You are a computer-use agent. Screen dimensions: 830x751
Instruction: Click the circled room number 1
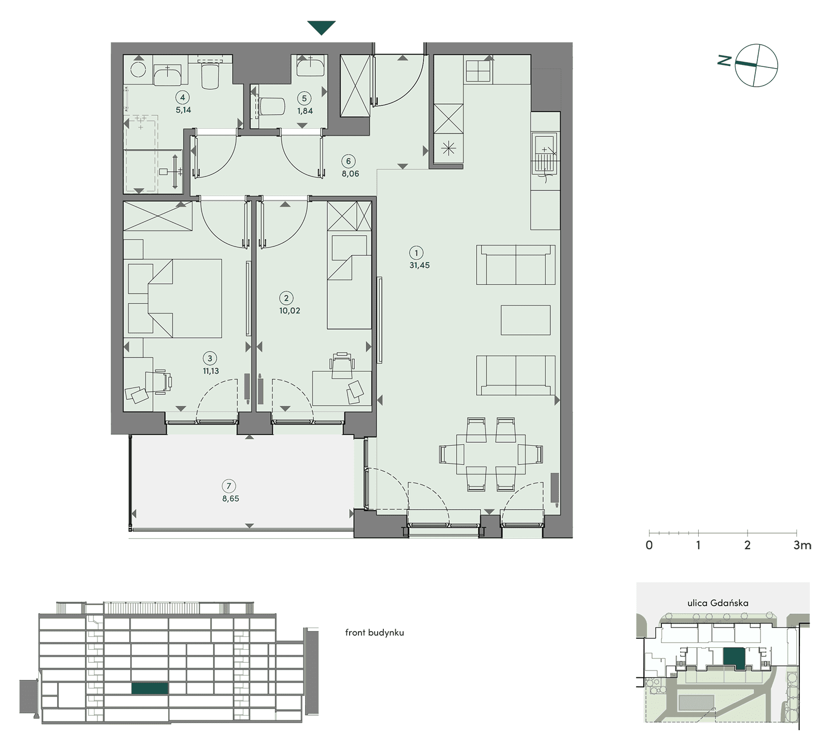416,253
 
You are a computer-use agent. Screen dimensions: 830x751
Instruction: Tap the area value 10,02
289,311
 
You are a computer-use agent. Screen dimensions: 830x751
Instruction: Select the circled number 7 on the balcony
228,486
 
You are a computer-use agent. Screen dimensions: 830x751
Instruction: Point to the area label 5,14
183,110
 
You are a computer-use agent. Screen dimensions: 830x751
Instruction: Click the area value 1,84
305,111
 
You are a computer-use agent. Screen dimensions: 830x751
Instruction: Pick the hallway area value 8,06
351,174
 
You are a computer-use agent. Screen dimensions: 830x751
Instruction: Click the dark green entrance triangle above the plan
322,28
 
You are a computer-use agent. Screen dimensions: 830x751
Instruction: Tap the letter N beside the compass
725,61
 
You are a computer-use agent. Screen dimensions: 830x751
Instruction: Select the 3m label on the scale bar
803,545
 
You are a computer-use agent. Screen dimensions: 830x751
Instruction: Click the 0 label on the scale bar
649,545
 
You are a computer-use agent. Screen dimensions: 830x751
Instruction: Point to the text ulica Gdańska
718,603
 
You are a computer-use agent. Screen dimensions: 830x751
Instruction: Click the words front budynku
375,633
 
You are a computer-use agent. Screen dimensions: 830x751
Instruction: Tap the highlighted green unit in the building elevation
150,688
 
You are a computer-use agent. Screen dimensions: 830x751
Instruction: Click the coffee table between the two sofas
525,320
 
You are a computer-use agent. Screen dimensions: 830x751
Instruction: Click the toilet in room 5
272,106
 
